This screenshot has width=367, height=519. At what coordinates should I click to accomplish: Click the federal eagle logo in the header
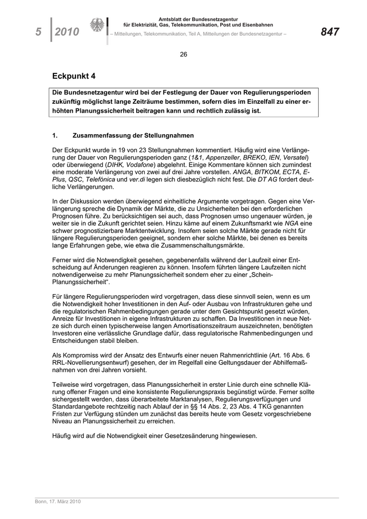coord(97,26)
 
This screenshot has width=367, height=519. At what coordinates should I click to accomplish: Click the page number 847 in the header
coord(330,32)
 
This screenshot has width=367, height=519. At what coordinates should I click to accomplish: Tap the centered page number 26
coord(183,54)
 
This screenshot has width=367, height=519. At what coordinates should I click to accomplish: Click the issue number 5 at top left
coord(38,33)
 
